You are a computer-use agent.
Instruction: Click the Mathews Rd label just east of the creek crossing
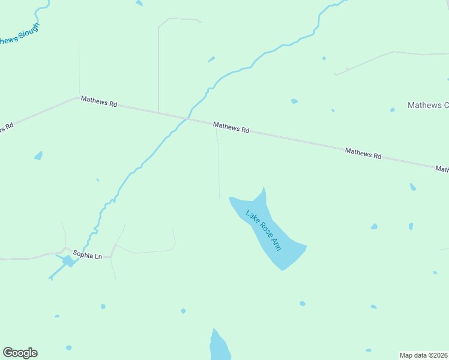point(231,127)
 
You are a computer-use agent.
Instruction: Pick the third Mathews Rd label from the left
point(363,154)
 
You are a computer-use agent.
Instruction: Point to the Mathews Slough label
point(18,36)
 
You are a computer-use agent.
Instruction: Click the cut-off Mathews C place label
point(428,105)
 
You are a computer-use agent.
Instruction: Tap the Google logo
point(20,353)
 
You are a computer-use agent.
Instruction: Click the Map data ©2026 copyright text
point(423,355)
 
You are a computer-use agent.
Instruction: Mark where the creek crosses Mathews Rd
point(187,118)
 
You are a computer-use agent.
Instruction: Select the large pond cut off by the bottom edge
point(219,347)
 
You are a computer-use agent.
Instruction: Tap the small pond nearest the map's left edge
point(38,156)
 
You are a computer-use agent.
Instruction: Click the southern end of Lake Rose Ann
point(282,268)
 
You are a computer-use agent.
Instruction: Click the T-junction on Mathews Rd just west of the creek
point(158,112)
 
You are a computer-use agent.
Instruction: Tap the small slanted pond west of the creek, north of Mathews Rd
point(211,59)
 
